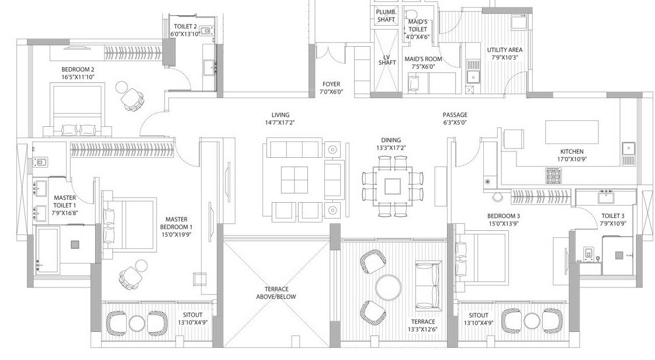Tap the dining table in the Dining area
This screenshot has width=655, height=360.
[x=392, y=186]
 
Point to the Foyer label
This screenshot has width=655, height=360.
[x=331, y=84]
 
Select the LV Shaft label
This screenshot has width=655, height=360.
[x=386, y=60]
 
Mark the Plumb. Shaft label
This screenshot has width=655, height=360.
[x=386, y=16]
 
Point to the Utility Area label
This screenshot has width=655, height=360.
[x=504, y=50]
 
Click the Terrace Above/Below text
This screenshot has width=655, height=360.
[x=276, y=293]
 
